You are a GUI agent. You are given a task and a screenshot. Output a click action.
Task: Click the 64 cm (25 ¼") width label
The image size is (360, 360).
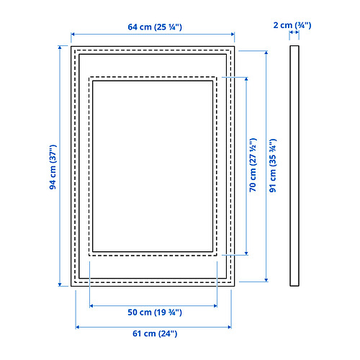(155, 27)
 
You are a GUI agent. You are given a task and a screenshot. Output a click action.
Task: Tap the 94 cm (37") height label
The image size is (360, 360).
(53, 167)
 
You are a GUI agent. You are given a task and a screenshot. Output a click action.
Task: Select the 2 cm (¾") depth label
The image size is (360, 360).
(292, 25)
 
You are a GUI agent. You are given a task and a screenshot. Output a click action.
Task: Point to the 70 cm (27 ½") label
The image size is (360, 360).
(253, 165)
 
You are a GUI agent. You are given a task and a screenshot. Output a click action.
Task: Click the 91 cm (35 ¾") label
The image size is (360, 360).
(273, 166)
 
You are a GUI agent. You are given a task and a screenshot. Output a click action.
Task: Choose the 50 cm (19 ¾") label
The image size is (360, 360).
(155, 312)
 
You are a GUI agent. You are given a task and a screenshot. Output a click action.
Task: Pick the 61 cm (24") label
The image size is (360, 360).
(155, 333)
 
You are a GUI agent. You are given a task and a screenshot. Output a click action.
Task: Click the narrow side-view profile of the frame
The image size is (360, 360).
(294, 166)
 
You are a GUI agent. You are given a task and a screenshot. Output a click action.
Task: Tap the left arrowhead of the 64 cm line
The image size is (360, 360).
(73, 35)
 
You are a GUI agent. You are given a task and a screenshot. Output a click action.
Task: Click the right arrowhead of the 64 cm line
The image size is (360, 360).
(233, 35)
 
